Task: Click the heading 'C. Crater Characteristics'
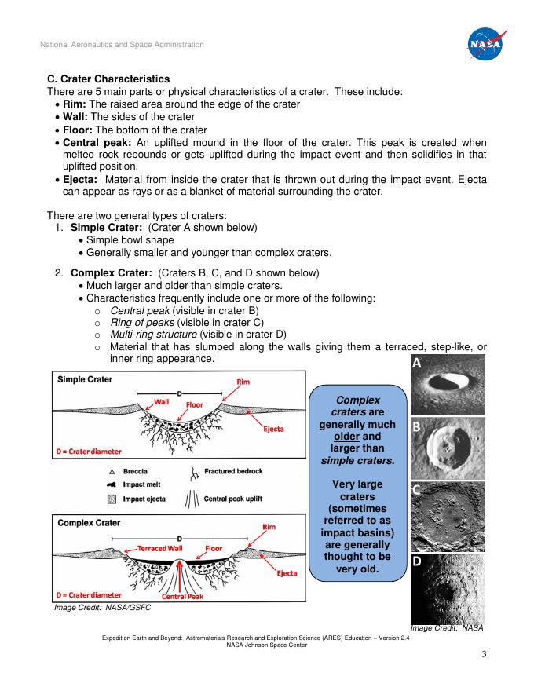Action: pyautogui.click(x=108, y=79)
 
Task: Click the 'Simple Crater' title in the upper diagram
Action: pyautogui.click(x=85, y=379)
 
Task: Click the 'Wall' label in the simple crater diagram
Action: pyautogui.click(x=162, y=401)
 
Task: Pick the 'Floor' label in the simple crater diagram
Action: pyautogui.click(x=195, y=405)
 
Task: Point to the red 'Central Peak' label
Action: pyautogui.click(x=183, y=597)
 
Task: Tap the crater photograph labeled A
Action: pyautogui.click(x=447, y=384)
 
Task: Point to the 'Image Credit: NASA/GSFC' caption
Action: pyautogui.click(x=101, y=608)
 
